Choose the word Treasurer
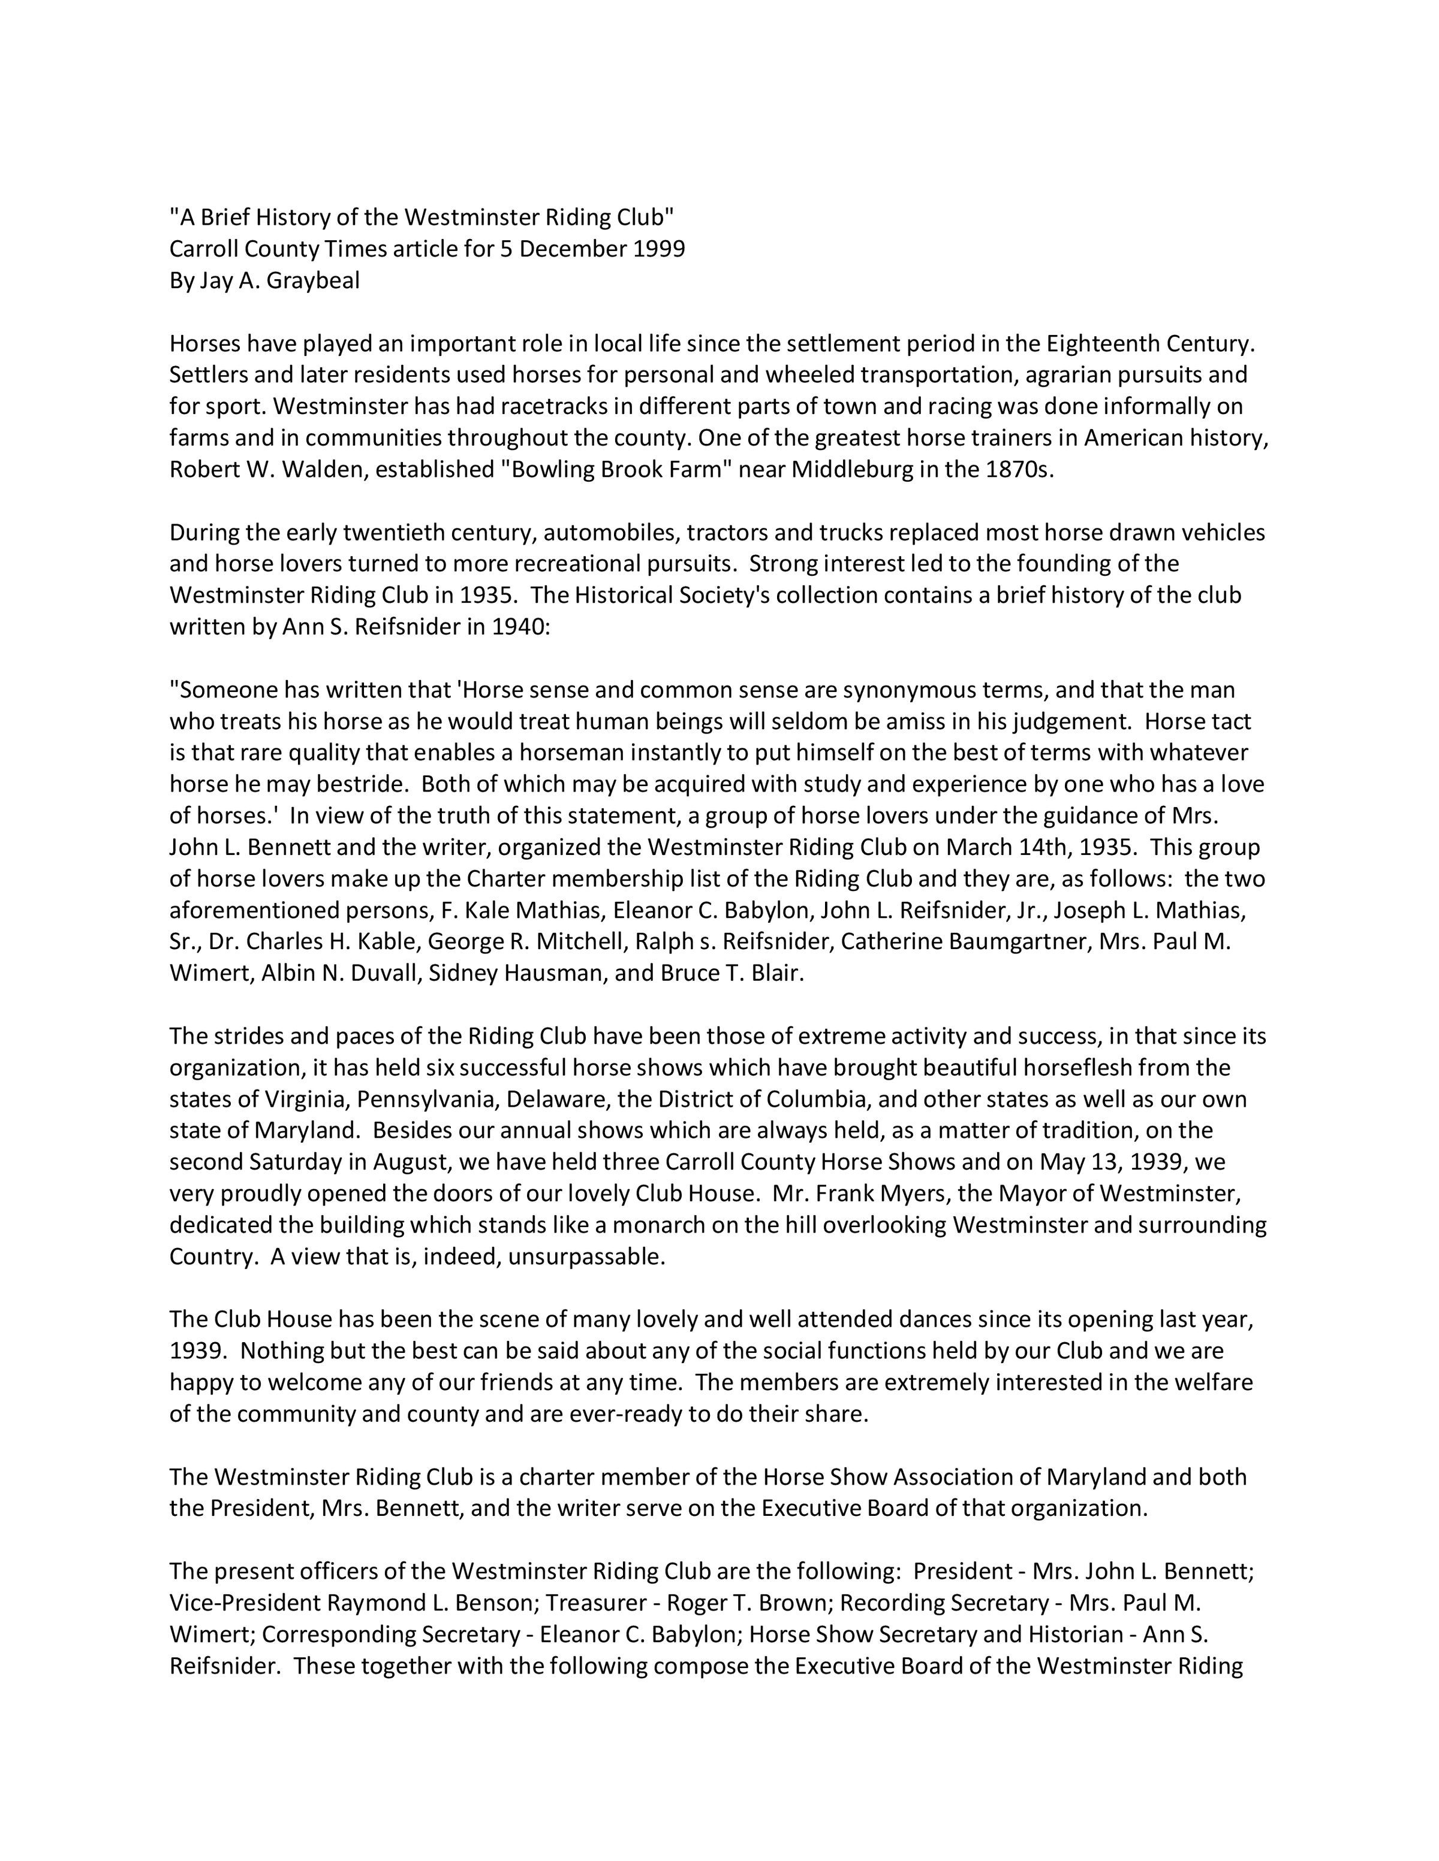[x=596, y=1603]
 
